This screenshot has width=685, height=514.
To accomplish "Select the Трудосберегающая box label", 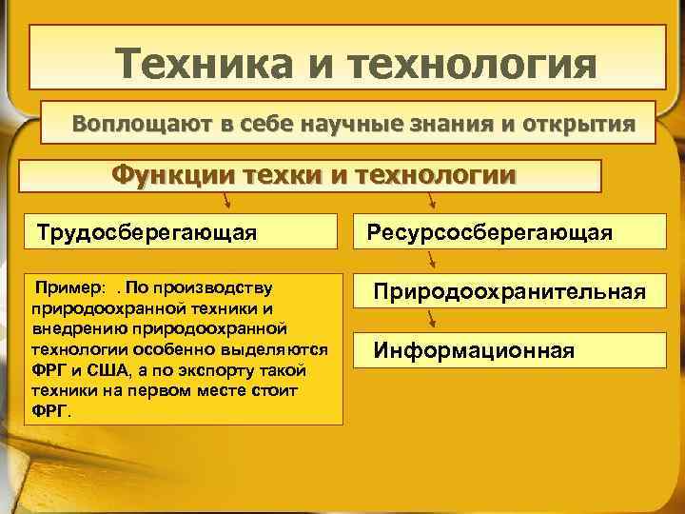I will pos(145,232).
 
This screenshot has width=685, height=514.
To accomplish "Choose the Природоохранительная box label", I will pos(508,290).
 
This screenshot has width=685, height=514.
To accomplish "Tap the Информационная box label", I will pos(474,350).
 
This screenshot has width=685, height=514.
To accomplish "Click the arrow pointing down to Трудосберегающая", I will pos(226,200).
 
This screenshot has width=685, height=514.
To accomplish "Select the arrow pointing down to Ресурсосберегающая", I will pos(433,200).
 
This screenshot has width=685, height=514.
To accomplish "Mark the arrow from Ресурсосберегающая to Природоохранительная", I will pos(433,259).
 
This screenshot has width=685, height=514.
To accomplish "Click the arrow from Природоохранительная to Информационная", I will pos(433,319).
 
